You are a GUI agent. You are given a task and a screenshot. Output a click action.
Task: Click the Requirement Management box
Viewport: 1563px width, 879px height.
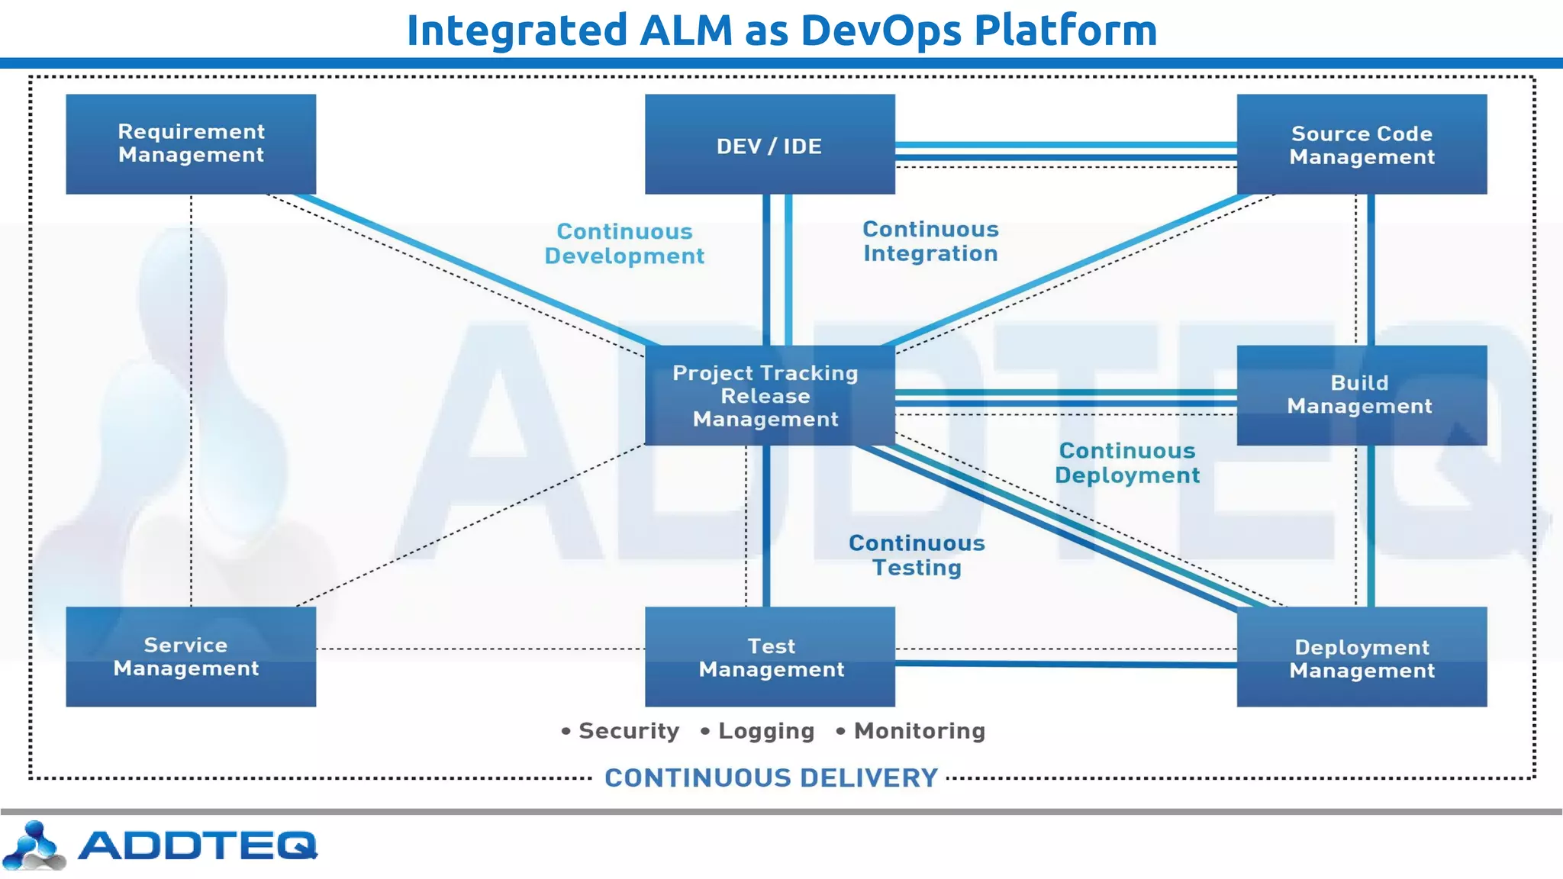tap(191, 143)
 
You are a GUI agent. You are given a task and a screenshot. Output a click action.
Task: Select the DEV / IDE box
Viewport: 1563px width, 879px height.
tap(769, 145)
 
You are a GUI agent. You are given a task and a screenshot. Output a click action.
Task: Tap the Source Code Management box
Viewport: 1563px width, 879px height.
tap(1362, 145)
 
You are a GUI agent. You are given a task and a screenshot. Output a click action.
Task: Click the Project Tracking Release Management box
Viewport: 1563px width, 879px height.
tap(769, 395)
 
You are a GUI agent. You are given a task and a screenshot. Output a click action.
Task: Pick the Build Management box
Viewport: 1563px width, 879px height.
tap(1362, 395)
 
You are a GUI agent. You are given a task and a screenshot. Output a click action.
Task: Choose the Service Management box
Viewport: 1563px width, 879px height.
tap(191, 656)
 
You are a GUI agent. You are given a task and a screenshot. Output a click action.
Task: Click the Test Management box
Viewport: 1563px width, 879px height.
tap(769, 656)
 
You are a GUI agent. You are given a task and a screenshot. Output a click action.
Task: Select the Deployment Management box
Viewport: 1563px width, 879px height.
tap(1362, 658)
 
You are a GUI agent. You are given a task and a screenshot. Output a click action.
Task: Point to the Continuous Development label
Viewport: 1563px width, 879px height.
tap(624, 243)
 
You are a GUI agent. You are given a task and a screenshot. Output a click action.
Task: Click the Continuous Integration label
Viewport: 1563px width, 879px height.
tap(930, 241)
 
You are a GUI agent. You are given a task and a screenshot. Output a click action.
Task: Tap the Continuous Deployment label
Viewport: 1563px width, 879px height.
tap(1127, 463)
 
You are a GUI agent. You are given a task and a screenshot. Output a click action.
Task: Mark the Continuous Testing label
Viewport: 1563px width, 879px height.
tap(917, 555)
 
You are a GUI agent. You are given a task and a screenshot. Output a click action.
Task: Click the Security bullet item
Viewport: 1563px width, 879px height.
tap(627, 731)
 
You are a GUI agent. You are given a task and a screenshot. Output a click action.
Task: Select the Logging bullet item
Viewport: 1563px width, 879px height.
tap(765, 731)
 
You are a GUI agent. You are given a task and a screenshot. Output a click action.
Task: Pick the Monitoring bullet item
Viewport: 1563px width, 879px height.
tap(919, 731)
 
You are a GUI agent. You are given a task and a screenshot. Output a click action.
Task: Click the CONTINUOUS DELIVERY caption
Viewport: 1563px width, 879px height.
tap(771, 778)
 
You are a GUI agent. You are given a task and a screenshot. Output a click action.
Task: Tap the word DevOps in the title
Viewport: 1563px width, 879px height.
tap(880, 31)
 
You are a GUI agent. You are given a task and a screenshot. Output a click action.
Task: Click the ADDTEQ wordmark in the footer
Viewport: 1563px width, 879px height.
tap(197, 845)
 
